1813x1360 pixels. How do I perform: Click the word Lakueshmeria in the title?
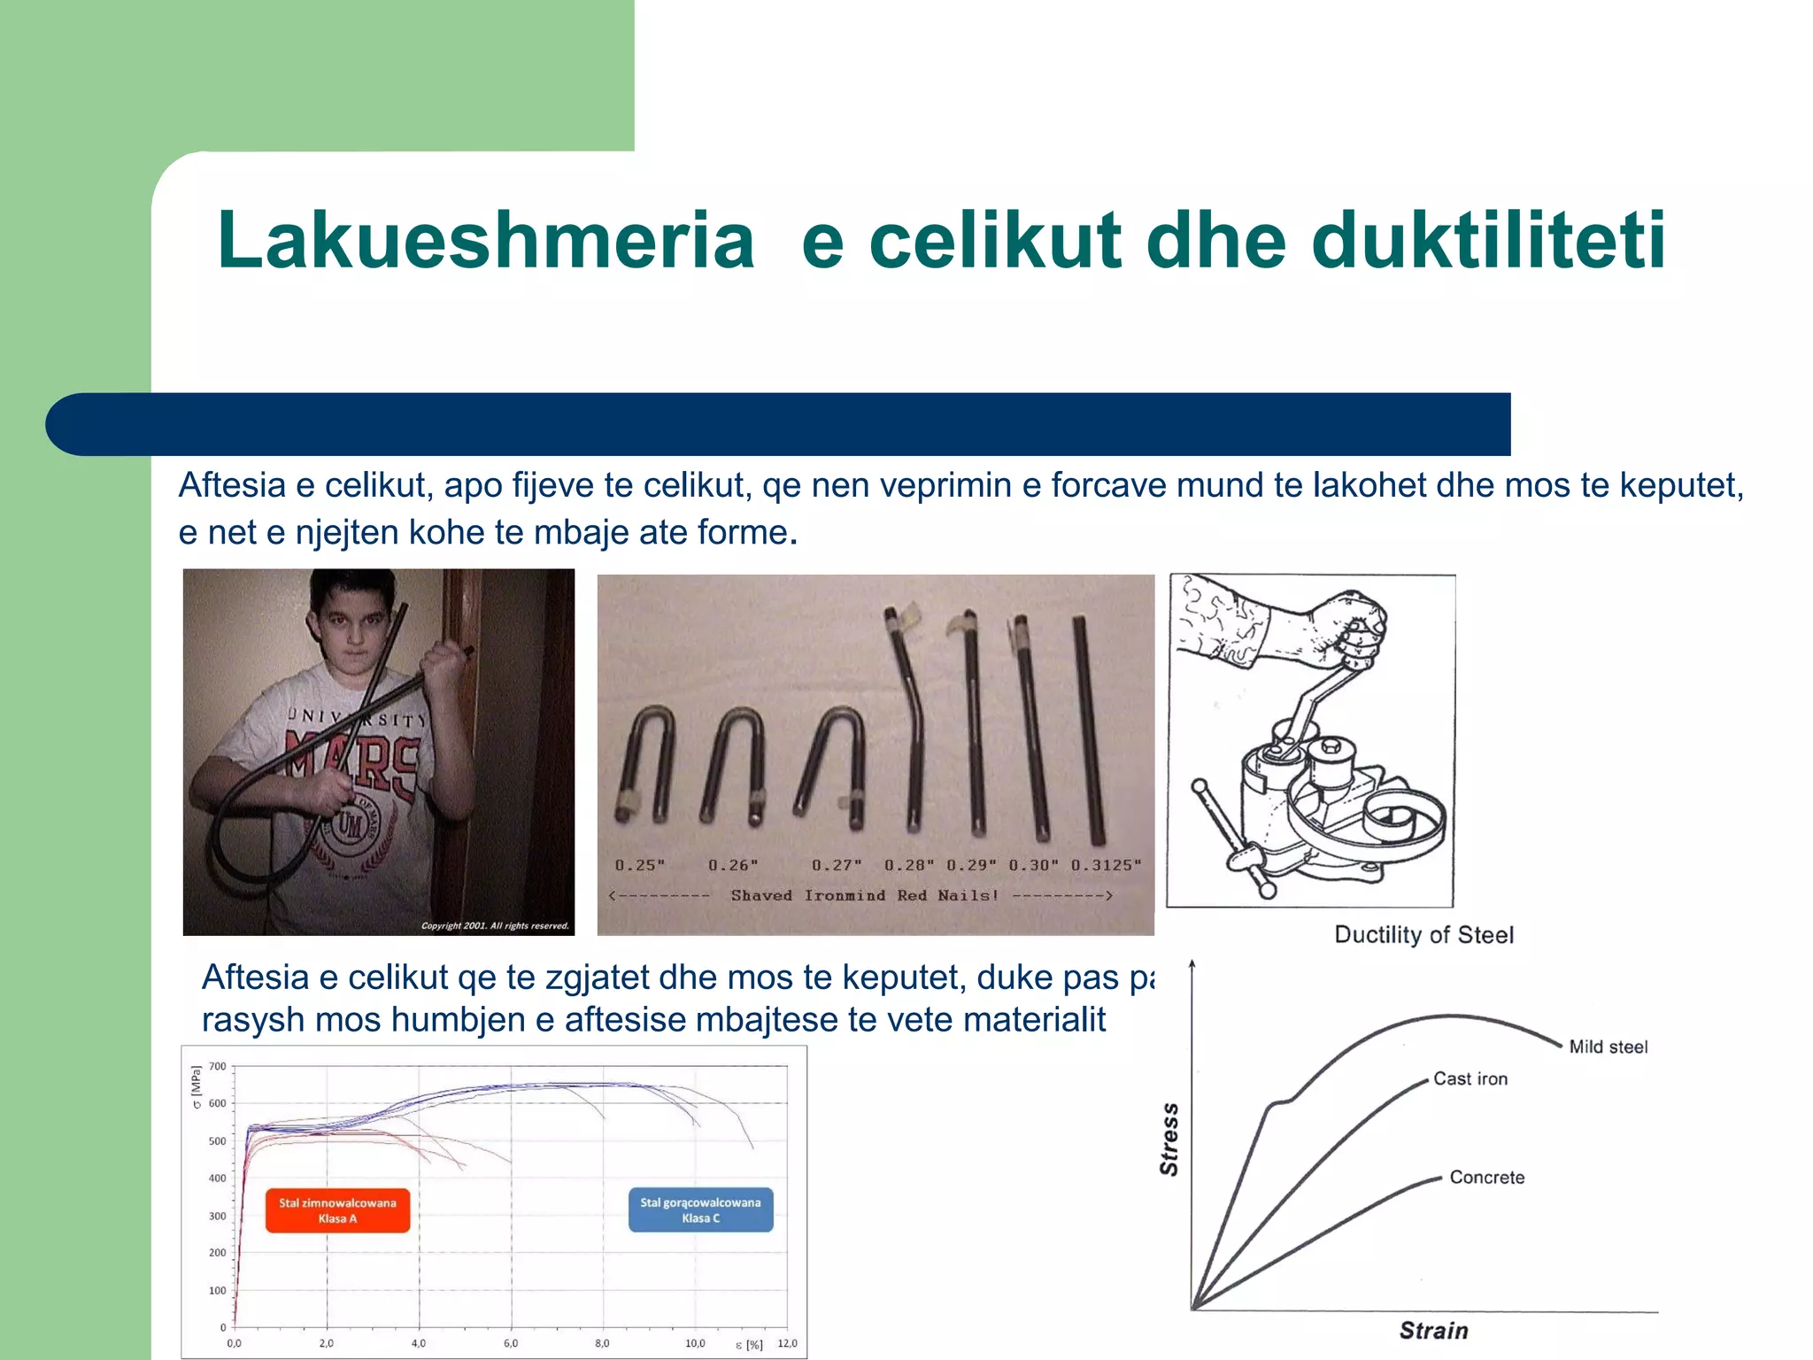pyautogui.click(x=485, y=241)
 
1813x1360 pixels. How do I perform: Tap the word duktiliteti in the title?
pyautogui.click(x=1488, y=241)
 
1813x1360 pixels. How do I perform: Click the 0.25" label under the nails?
pyautogui.click(x=640, y=865)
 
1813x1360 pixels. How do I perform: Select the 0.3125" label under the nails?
pyautogui.click(x=1106, y=865)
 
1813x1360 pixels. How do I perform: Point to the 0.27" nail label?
pyautogui.click(x=837, y=865)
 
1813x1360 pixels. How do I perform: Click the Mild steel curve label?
pyautogui.click(x=1608, y=1047)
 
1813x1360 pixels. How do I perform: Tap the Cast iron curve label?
pyautogui.click(x=1470, y=1079)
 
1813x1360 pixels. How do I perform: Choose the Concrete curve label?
pyautogui.click(x=1486, y=1178)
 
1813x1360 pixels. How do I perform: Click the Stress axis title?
pyautogui.click(x=1169, y=1140)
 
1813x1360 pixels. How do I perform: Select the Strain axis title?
pyautogui.click(x=1433, y=1331)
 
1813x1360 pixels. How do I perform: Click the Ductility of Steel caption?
pyautogui.click(x=1423, y=935)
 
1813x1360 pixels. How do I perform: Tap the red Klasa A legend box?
pyautogui.click(x=337, y=1210)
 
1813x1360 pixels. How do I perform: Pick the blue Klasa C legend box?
pyautogui.click(x=700, y=1210)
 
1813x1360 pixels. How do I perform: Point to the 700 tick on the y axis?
pyautogui.click(x=218, y=1066)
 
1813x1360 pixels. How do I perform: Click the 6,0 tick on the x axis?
pyautogui.click(x=511, y=1343)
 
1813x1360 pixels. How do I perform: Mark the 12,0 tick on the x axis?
pyautogui.click(x=787, y=1343)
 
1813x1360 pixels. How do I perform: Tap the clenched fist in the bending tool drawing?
pyautogui.click(x=1350, y=629)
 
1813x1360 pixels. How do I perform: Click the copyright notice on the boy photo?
pyautogui.click(x=495, y=926)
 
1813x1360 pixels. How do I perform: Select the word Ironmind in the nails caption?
pyautogui.click(x=845, y=895)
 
